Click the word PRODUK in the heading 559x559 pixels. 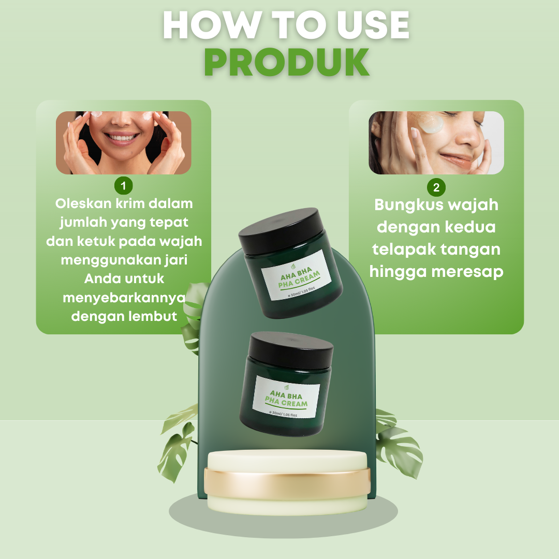287,62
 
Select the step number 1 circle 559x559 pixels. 123,185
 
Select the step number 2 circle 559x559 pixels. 436,187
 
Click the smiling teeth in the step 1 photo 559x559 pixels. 121,138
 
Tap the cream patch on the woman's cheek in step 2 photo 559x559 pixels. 431,123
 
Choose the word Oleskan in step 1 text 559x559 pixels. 83,203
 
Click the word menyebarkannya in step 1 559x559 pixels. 124,298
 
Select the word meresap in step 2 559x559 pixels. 467,272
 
